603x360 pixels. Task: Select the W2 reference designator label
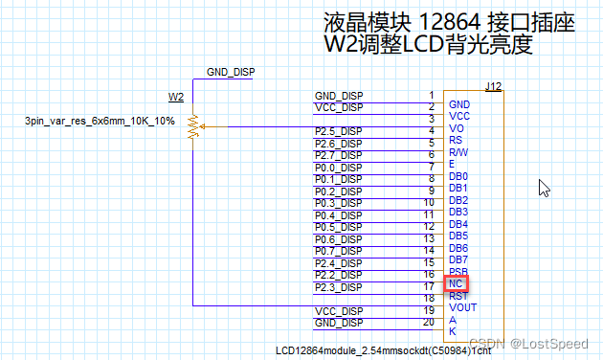coord(176,97)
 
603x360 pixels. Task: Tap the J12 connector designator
coord(493,87)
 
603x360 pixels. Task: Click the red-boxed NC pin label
coord(457,284)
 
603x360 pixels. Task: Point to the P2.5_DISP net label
coord(338,131)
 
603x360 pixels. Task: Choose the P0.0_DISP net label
coord(338,167)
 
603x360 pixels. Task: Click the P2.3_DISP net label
coord(338,286)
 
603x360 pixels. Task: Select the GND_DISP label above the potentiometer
coord(231,73)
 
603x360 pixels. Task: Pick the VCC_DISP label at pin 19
coord(339,311)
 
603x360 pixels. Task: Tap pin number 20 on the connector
coord(430,322)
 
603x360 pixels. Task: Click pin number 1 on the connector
coord(432,95)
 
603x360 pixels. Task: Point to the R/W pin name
coord(458,152)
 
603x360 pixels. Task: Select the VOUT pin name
coord(462,308)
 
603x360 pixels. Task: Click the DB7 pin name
coord(458,259)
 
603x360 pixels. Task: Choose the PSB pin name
coord(458,272)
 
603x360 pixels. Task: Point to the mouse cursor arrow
coord(544,187)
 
